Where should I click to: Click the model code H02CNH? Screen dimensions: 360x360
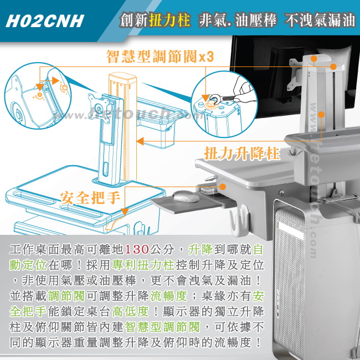(x=45, y=22)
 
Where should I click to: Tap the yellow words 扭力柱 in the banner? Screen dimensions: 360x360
(x=169, y=19)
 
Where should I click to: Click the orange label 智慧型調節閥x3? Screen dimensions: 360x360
(x=160, y=56)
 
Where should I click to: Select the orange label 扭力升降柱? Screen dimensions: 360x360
(x=242, y=153)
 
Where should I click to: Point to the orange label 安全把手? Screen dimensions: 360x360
(x=90, y=198)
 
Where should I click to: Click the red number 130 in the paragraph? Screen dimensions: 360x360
(x=137, y=249)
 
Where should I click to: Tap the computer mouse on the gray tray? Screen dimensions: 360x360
(x=186, y=197)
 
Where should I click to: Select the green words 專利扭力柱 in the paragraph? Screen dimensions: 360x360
(x=143, y=265)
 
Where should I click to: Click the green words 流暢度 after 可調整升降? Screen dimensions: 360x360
(x=169, y=296)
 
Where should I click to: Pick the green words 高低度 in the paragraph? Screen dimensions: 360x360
(x=130, y=312)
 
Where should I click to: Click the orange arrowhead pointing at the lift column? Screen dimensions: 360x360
(x=140, y=141)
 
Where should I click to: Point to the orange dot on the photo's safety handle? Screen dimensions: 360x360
(x=222, y=187)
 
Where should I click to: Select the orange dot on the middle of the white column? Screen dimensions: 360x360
(x=321, y=114)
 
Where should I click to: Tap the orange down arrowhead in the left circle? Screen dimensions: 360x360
(x=40, y=87)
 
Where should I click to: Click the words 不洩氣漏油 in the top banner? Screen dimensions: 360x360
(x=320, y=20)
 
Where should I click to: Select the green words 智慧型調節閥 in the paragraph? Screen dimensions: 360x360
(x=162, y=327)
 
